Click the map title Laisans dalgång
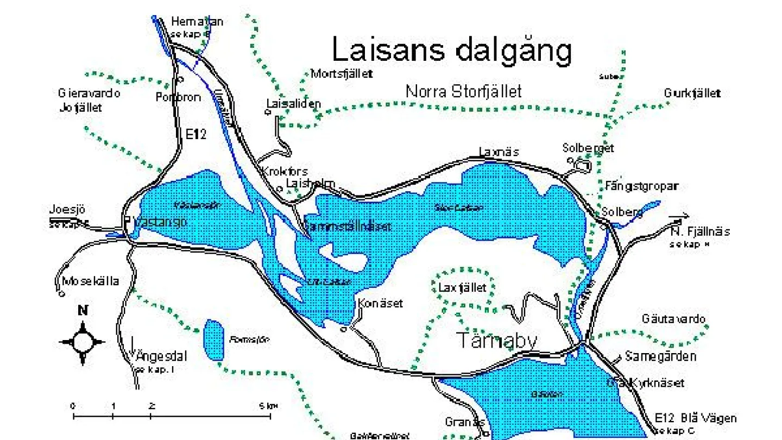(x=452, y=50)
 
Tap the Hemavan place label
(x=197, y=22)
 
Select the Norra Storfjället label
(x=464, y=91)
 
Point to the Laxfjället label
(x=462, y=287)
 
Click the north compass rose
(x=82, y=342)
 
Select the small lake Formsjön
(x=213, y=340)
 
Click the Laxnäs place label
(x=499, y=152)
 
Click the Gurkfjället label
(x=692, y=93)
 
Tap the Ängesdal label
(x=161, y=357)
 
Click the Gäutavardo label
(x=673, y=319)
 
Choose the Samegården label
(x=660, y=357)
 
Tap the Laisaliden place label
(x=293, y=103)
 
